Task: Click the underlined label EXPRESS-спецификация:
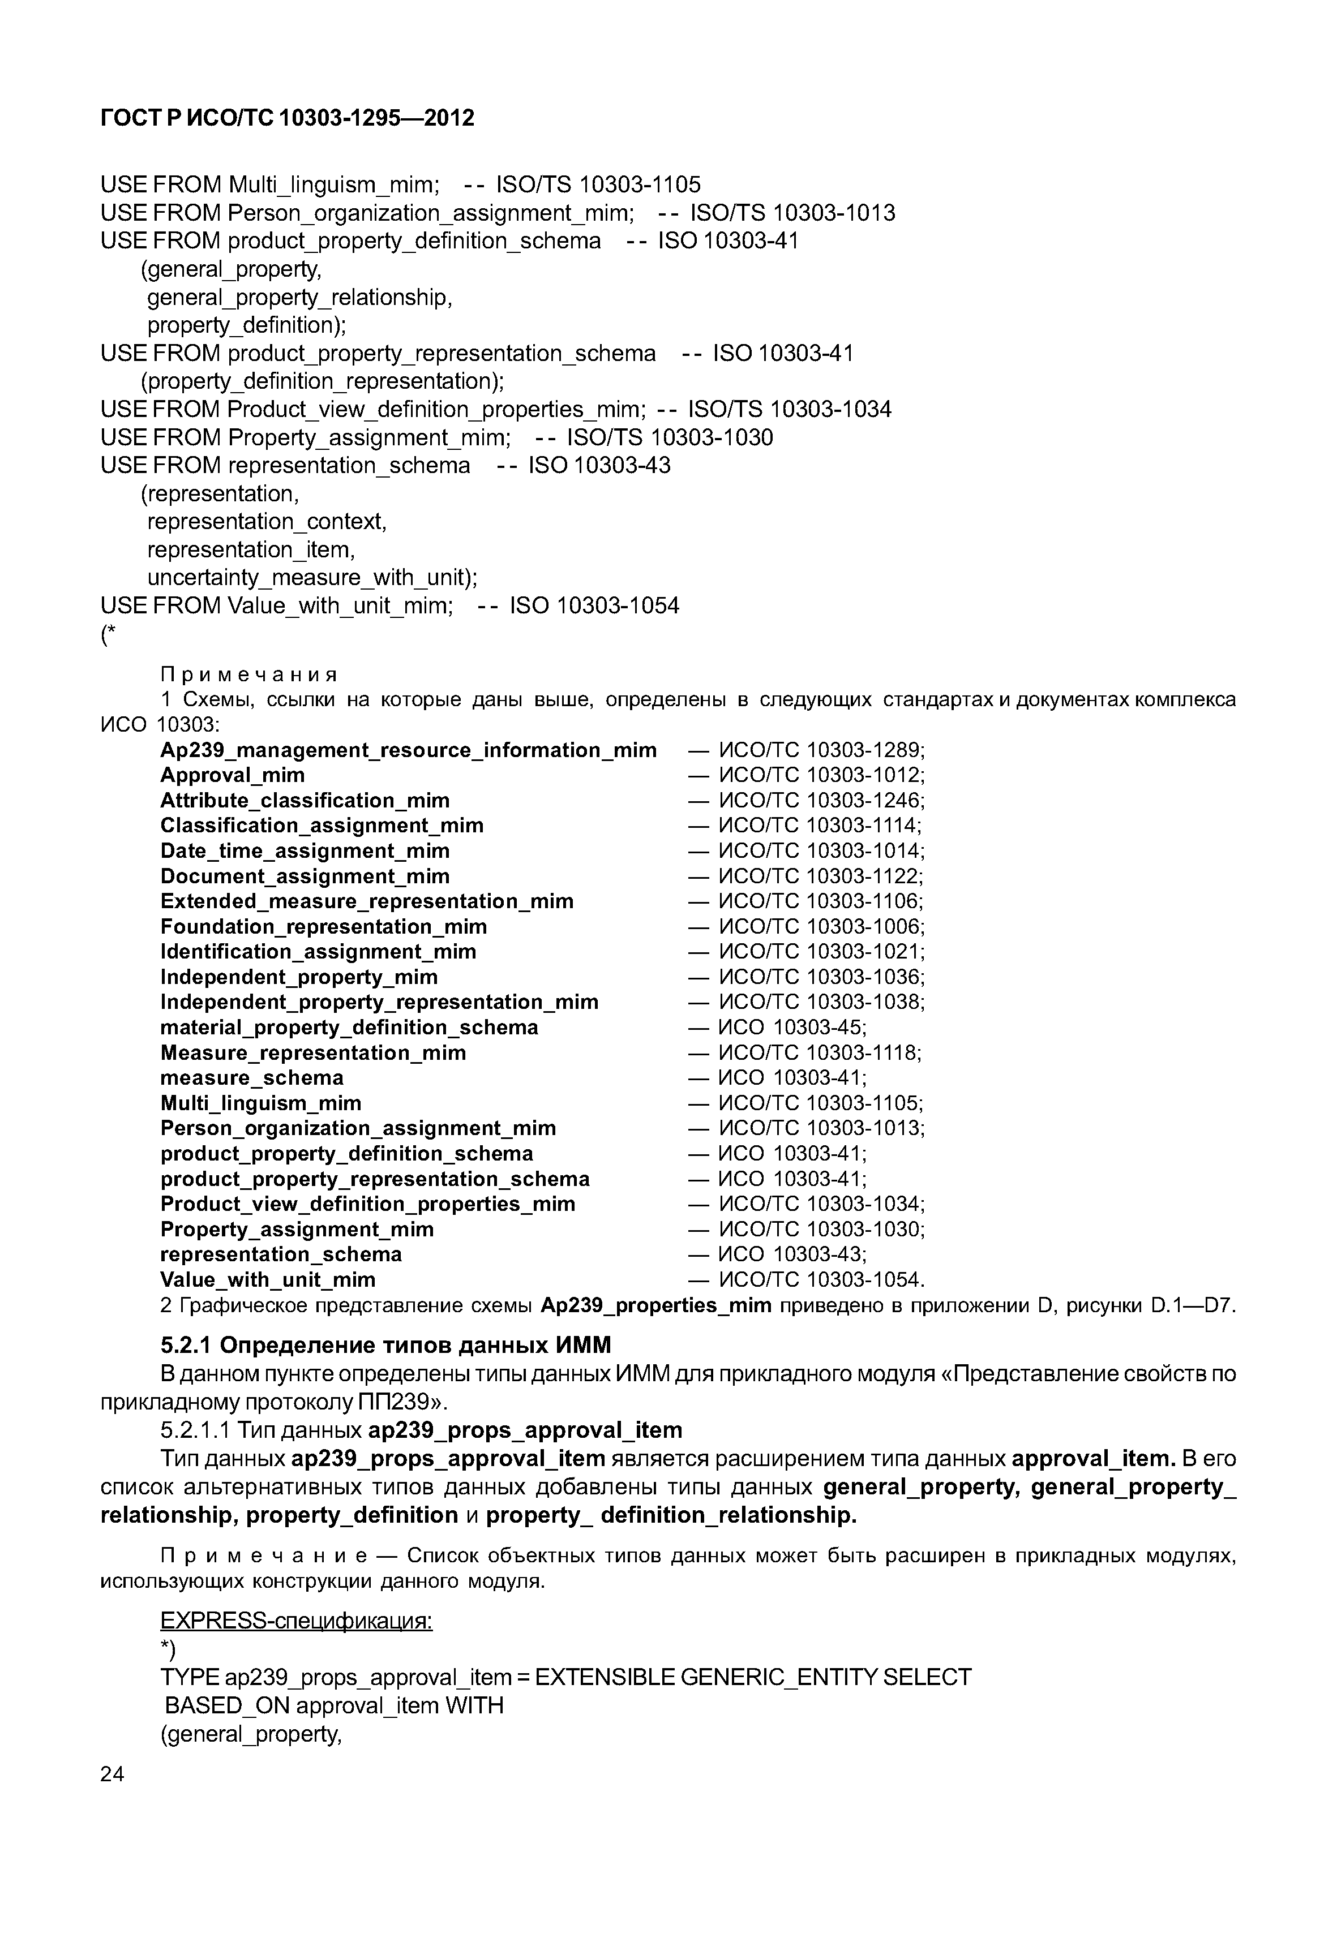click(297, 1622)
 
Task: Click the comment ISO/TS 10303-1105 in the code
click(598, 184)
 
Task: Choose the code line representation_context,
click(267, 521)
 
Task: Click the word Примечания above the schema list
click(249, 674)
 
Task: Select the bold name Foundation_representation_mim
click(323, 926)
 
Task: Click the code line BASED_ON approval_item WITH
click(333, 1705)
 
